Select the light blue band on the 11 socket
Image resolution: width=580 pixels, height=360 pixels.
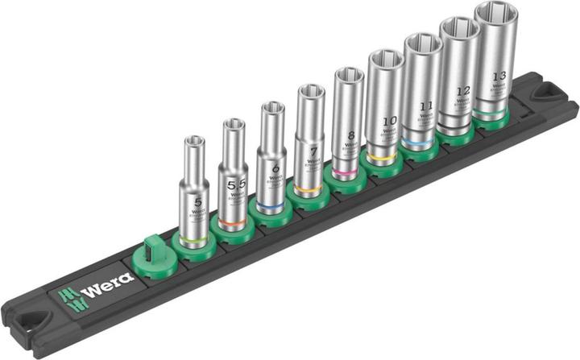421,139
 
